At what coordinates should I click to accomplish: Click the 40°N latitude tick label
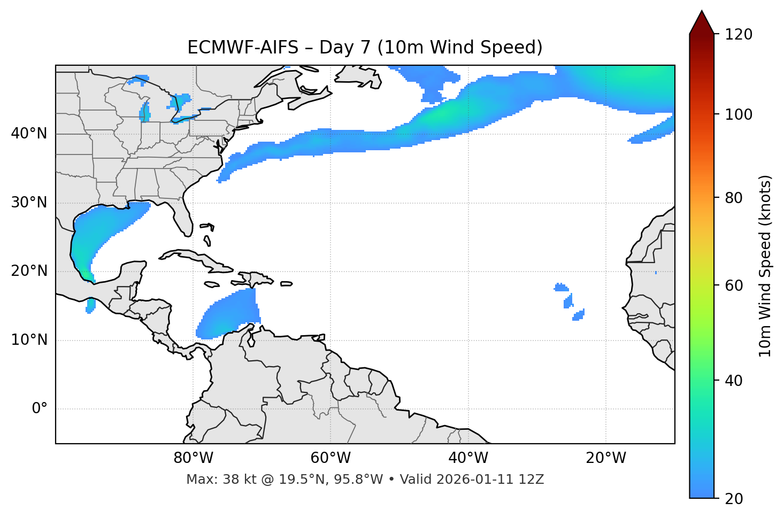pyautogui.click(x=29, y=134)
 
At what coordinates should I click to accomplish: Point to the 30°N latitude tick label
pyautogui.click(x=29, y=203)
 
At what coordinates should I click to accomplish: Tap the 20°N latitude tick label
pyautogui.click(x=29, y=271)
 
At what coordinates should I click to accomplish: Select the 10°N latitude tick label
pyautogui.click(x=29, y=340)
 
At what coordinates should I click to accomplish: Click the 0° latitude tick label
pyautogui.click(x=39, y=409)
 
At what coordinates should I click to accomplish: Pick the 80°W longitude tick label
pyautogui.click(x=193, y=458)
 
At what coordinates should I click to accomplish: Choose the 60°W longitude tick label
pyautogui.click(x=330, y=458)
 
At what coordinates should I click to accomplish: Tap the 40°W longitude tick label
pyautogui.click(x=468, y=458)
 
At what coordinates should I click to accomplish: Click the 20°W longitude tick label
pyautogui.click(x=606, y=458)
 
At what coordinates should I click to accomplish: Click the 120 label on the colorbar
pyautogui.click(x=739, y=35)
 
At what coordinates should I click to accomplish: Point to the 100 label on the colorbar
pyautogui.click(x=739, y=114)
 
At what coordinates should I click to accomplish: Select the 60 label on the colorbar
pyautogui.click(x=734, y=285)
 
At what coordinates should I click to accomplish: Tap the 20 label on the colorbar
pyautogui.click(x=734, y=499)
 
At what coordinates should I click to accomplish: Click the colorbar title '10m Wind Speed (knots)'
pyautogui.click(x=765, y=266)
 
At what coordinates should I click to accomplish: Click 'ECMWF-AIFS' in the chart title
pyautogui.click(x=243, y=48)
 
